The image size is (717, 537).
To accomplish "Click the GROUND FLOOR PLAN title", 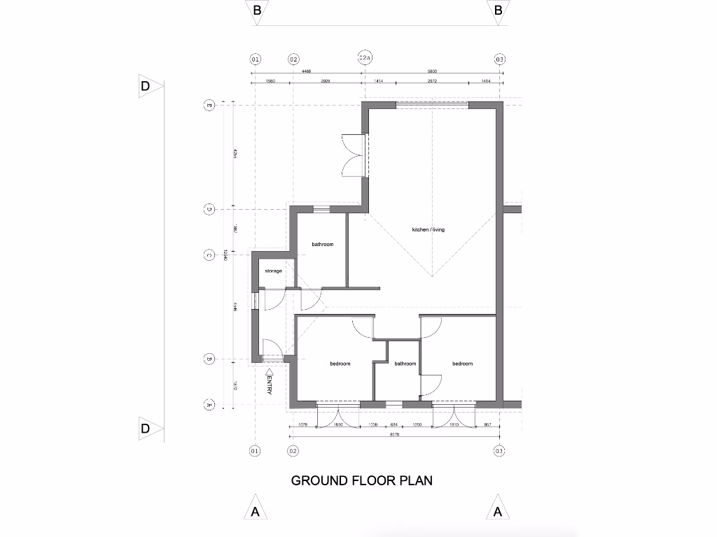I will (361, 480).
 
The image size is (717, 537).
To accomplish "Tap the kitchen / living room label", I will (428, 230).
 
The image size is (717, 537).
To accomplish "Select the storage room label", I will (274, 271).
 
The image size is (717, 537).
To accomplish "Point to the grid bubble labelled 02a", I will (364, 59).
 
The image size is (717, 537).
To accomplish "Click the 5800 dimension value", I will (432, 71).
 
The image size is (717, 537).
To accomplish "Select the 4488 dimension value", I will (307, 71).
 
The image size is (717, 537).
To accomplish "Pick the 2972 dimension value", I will (432, 82).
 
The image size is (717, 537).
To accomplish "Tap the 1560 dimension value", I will (270, 82).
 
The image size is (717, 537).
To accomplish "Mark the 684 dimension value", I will (394, 425).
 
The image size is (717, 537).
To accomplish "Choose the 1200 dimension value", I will (417, 425).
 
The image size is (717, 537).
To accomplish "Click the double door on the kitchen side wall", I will (351, 156).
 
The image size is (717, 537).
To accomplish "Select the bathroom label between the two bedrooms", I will (405, 364).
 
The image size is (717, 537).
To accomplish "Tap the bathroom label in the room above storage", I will (322, 244).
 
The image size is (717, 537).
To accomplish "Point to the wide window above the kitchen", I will (432, 105).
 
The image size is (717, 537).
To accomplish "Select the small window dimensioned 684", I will (394, 404).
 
